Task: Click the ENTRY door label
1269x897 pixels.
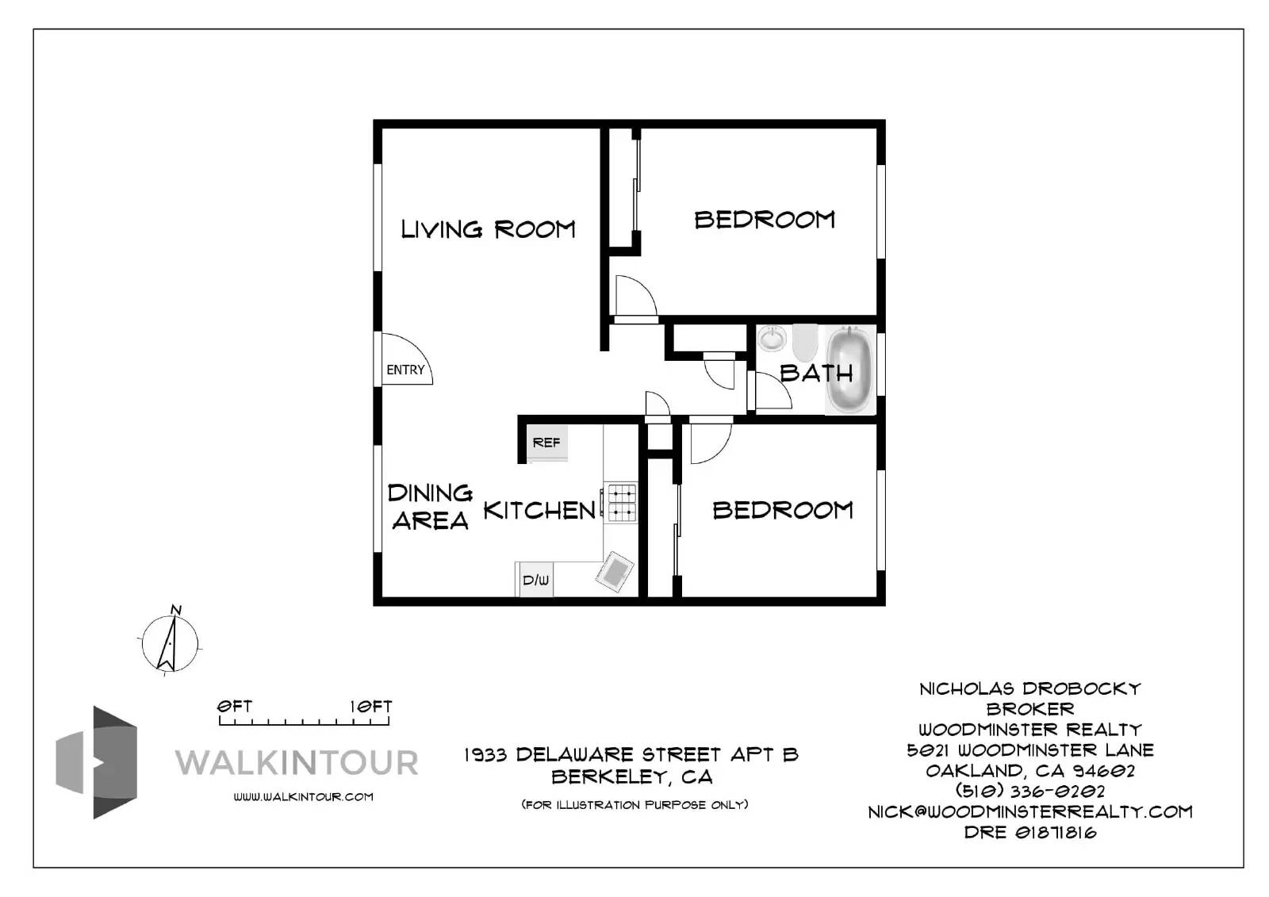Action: (405, 370)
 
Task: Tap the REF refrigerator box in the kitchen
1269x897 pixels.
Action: (546, 443)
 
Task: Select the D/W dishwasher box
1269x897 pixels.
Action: (535, 581)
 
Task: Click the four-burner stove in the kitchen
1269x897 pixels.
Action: (622, 503)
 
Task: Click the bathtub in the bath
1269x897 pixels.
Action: (849, 370)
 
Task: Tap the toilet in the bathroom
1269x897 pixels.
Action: (804, 342)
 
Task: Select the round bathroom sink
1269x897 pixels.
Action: (772, 339)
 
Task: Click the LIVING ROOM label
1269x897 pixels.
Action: (488, 229)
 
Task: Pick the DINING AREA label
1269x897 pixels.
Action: (430, 507)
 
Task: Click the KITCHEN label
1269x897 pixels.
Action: (539, 510)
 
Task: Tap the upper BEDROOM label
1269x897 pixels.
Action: (765, 220)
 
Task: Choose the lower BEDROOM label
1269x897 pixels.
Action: (783, 510)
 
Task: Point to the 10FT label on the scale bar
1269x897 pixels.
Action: (371, 706)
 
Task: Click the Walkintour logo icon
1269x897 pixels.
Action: (97, 762)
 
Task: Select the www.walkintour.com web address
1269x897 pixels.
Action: (303, 796)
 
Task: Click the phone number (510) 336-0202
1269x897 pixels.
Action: (1029, 791)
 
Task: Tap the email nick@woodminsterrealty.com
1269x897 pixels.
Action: (1029, 811)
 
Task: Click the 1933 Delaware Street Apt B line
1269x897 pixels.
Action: (631, 754)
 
